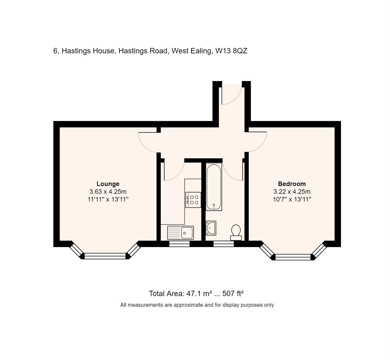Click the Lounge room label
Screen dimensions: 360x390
click(108, 184)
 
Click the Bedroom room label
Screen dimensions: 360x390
click(292, 184)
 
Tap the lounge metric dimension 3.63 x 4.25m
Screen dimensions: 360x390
click(108, 192)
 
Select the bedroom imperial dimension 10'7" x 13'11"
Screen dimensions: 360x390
click(292, 199)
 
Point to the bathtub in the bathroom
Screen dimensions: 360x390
click(214, 187)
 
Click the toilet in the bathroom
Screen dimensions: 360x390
click(236, 232)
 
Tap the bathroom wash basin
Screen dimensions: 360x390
click(211, 228)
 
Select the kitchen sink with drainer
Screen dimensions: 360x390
click(180, 232)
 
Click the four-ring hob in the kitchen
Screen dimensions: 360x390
click(193, 200)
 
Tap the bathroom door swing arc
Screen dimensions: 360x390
click(232, 172)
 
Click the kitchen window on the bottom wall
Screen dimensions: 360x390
click(179, 244)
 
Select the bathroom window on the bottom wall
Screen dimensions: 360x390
click(223, 244)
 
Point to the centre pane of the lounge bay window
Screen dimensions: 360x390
click(105, 256)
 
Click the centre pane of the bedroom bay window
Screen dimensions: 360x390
click(293, 257)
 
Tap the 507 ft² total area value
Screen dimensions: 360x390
click(233, 294)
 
